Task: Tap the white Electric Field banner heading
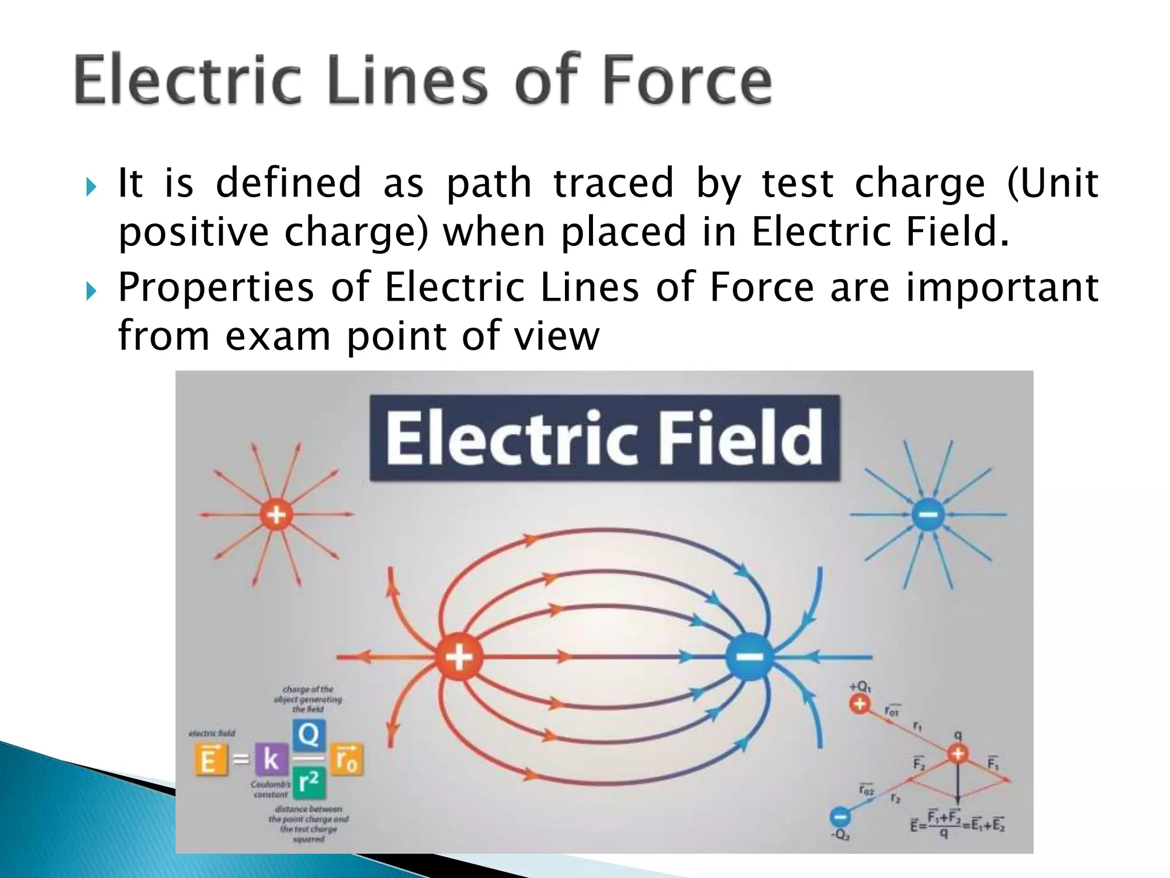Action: [604, 438]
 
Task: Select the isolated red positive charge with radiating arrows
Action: [277, 514]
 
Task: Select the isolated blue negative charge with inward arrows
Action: [928, 515]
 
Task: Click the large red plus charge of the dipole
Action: [459, 657]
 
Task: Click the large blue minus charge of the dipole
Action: [750, 657]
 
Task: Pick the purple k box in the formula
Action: [271, 759]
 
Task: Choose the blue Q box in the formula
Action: [308, 735]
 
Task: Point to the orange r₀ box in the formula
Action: [347, 759]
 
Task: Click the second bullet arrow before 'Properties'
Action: [91, 290]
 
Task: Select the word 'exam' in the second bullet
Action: [278, 336]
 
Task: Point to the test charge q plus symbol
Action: [958, 753]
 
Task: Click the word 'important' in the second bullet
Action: [1001, 287]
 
